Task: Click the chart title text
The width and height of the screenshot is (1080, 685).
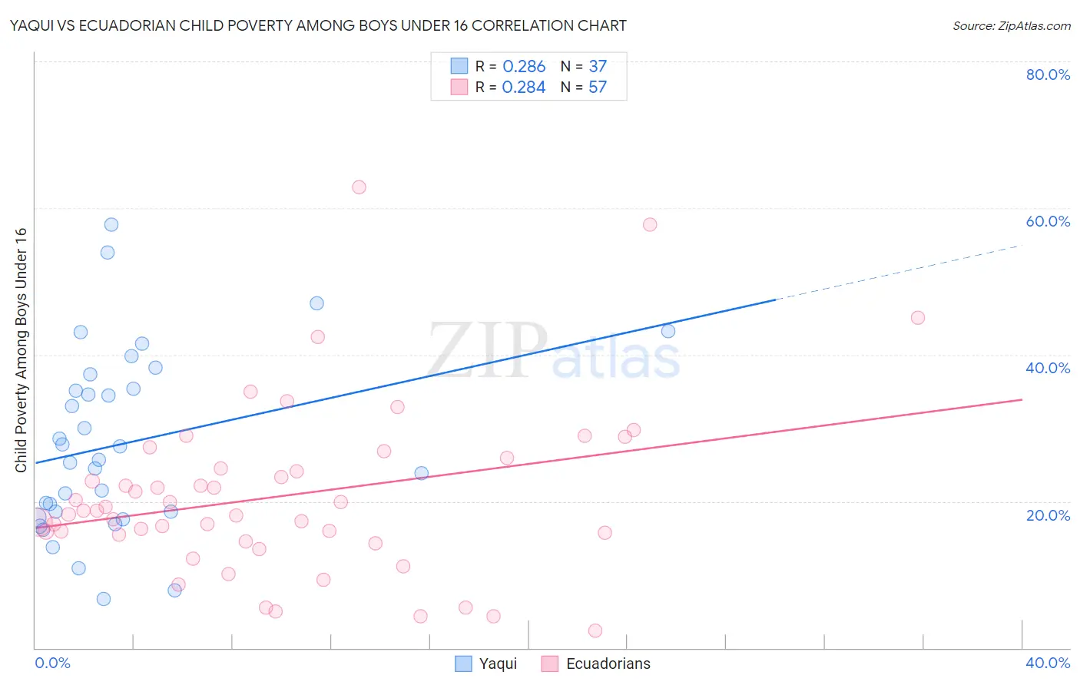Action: [318, 25]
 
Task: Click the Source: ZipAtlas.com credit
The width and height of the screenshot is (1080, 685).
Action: [1011, 25]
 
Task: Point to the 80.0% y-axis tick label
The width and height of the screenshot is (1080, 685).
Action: [1048, 74]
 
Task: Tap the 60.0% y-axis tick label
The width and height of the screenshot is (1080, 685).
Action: [1048, 221]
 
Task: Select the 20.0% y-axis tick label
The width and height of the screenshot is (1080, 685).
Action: [1048, 515]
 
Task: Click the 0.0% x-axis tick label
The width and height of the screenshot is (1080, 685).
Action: [52, 663]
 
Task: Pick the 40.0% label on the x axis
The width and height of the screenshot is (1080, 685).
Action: [1048, 663]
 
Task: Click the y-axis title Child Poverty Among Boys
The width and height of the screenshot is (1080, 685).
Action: [22, 350]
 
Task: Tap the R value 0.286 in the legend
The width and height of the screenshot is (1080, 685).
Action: [524, 66]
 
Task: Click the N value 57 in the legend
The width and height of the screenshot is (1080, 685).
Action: [598, 87]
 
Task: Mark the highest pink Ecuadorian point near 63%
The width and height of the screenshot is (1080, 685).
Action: [359, 187]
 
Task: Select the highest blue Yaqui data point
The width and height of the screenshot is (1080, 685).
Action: [111, 225]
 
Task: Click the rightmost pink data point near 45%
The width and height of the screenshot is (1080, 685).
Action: [917, 318]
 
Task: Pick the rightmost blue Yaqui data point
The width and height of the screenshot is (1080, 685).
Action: [668, 331]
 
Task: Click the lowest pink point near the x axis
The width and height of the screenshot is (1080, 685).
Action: [595, 630]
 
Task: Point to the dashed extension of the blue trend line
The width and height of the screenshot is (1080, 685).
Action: [899, 273]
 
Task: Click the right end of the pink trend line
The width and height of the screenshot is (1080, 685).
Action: [1021, 399]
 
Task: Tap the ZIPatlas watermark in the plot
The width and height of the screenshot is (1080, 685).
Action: [553, 351]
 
